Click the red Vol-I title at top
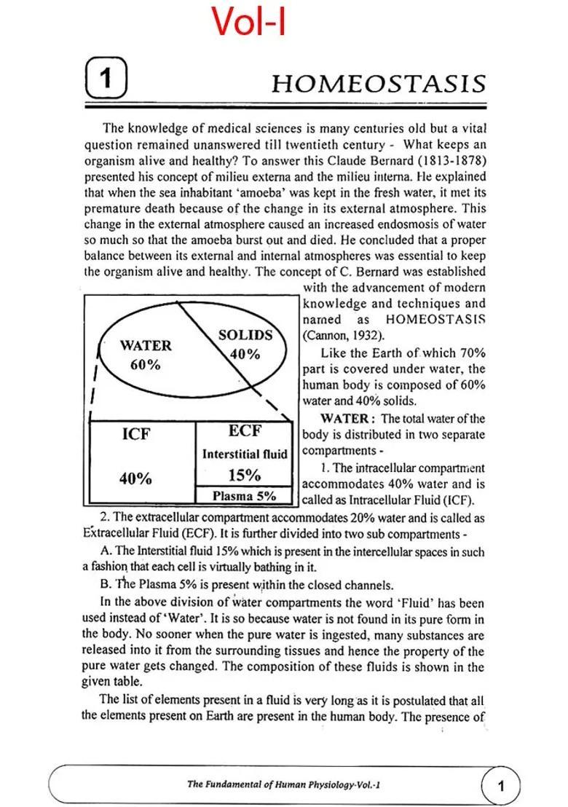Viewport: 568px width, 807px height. pyautogui.click(x=249, y=21)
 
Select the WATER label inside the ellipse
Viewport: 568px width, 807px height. pyautogui.click(x=146, y=346)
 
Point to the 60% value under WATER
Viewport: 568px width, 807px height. pyautogui.click(x=146, y=364)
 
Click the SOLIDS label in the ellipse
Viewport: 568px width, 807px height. pyautogui.click(x=245, y=336)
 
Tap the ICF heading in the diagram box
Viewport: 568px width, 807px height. pyautogui.click(x=136, y=434)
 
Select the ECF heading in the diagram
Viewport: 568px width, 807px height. pyautogui.click(x=245, y=431)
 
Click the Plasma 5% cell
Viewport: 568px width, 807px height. pyautogui.click(x=244, y=496)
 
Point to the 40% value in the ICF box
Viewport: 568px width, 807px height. pyautogui.click(x=135, y=479)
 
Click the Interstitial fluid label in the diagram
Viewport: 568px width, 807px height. pyautogui.click(x=245, y=454)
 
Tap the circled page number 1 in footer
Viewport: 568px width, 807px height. pyautogui.click(x=500, y=785)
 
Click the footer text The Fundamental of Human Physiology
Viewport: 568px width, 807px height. pyautogui.click(x=284, y=784)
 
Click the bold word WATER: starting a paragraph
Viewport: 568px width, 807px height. pyautogui.click(x=348, y=419)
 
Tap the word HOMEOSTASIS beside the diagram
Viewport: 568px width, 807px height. pyautogui.click(x=435, y=320)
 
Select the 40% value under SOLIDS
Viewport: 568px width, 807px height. pyautogui.click(x=245, y=355)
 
